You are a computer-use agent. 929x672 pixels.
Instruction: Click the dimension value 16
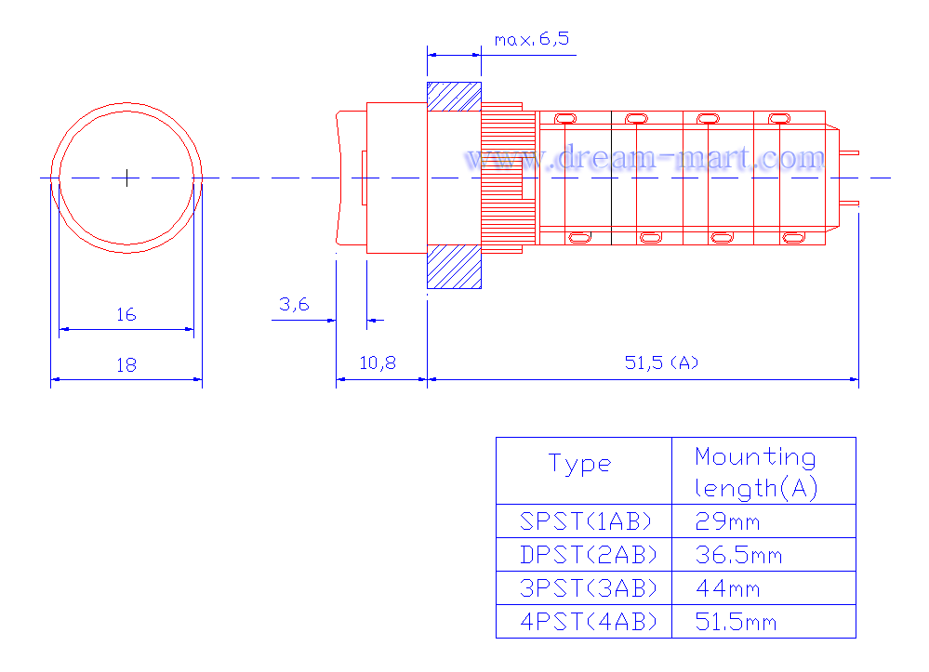[x=126, y=314]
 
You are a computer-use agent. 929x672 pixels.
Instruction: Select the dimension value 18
[x=126, y=364]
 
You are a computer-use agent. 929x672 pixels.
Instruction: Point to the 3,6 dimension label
[x=295, y=304]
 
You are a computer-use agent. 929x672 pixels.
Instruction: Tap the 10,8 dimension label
[x=378, y=362]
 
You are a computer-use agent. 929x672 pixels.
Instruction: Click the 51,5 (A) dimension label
[x=661, y=362]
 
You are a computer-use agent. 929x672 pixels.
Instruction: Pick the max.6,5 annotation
[x=531, y=39]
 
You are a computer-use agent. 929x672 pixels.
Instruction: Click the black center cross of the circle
[x=126, y=178]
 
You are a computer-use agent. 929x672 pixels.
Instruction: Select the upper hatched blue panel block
[x=455, y=97]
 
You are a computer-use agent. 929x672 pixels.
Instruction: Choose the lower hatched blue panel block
[x=455, y=267]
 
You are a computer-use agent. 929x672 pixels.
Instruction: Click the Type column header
[x=579, y=464]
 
